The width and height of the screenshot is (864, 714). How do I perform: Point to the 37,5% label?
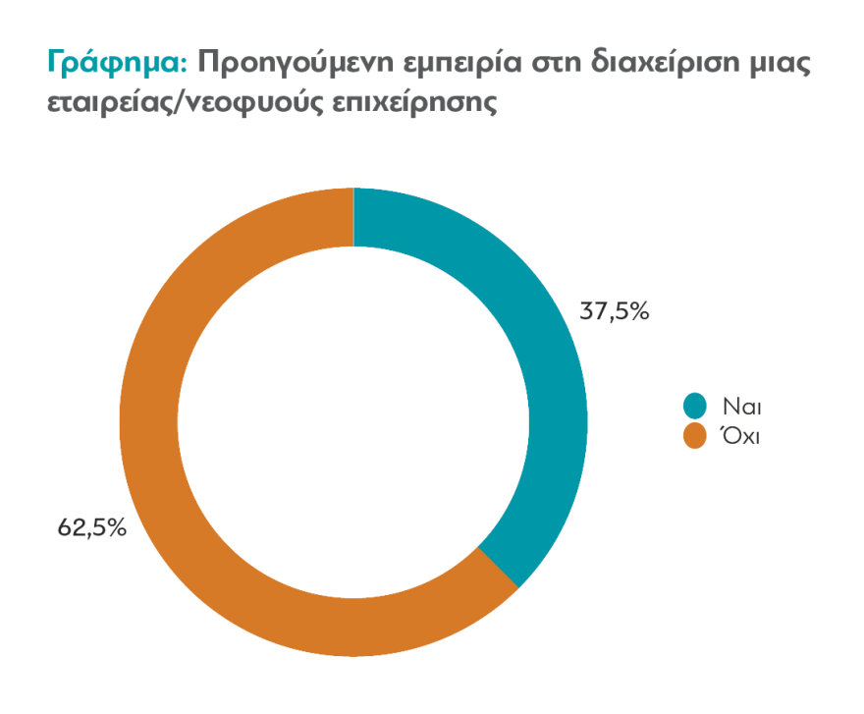(x=616, y=312)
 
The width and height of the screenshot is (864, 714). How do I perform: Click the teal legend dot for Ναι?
(x=695, y=406)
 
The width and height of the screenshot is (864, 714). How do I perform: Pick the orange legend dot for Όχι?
(x=695, y=436)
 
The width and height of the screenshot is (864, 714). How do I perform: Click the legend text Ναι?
(x=742, y=406)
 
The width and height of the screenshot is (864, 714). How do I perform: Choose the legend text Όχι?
(x=742, y=436)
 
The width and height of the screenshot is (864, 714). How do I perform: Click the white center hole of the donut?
(x=353, y=422)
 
